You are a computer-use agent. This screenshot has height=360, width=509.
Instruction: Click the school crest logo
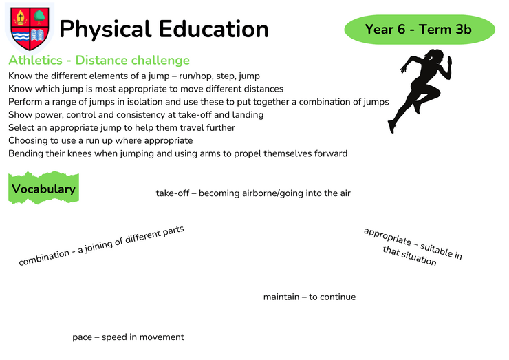click(x=30, y=29)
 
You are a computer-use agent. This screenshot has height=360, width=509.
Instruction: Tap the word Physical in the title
click(x=105, y=30)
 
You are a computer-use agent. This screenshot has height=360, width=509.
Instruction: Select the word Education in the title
click(x=214, y=29)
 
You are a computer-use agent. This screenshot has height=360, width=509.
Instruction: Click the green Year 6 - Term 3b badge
click(x=420, y=29)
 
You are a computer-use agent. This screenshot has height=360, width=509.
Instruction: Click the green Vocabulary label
click(x=43, y=188)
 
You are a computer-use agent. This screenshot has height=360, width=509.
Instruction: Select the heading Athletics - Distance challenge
click(x=99, y=60)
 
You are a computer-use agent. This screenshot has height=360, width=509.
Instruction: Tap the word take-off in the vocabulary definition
click(x=173, y=193)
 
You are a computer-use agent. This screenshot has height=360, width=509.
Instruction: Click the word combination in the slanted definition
click(x=44, y=257)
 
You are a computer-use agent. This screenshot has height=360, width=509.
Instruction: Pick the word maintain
click(x=281, y=297)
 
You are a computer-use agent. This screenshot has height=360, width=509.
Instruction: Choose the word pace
click(x=82, y=337)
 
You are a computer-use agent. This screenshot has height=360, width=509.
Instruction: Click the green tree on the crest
click(x=40, y=17)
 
